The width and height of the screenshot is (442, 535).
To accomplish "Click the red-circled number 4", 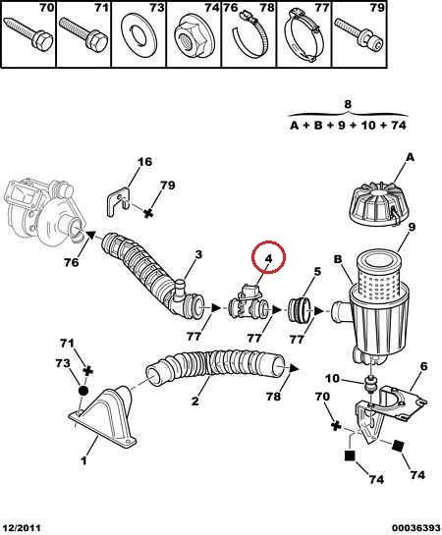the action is click(268, 258).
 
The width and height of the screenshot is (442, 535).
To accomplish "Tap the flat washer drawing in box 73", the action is click(139, 35).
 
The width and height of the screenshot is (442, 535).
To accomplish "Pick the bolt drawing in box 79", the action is click(359, 33).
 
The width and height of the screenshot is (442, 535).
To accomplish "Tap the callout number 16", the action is click(144, 162).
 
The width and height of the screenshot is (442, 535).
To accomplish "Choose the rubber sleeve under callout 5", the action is click(299, 311).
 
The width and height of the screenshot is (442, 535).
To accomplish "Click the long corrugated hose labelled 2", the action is click(216, 368).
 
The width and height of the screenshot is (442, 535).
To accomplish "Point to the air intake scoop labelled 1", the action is click(105, 418).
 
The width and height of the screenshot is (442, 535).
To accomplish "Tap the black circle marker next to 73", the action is click(83, 391).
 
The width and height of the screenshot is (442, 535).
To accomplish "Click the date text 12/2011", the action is click(22, 528).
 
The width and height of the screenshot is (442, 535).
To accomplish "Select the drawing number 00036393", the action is click(415, 528).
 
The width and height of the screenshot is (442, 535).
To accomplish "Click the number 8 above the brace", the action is click(348, 104).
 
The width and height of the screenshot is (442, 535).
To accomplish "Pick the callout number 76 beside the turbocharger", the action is click(71, 262).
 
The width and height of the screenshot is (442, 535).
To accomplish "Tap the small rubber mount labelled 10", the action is click(370, 385).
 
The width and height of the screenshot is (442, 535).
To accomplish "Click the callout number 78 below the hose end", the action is click(273, 397).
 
